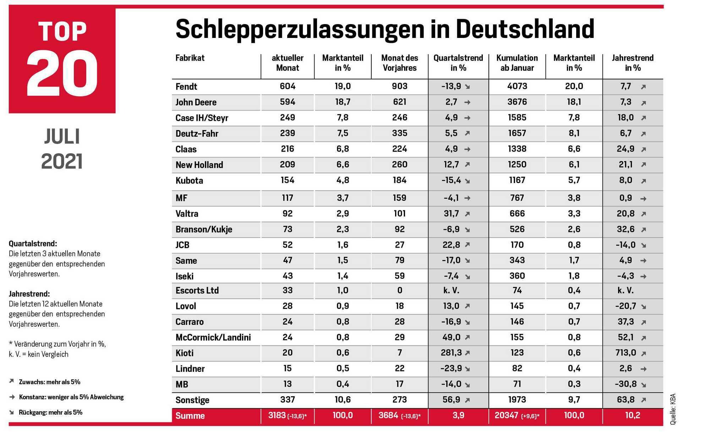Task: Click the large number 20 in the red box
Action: click(x=62, y=73)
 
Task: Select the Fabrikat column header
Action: click(x=190, y=58)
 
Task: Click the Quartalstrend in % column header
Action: click(x=458, y=63)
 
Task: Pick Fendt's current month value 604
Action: click(x=288, y=86)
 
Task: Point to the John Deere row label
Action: click(x=196, y=102)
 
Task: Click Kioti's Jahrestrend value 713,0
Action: click(x=626, y=353)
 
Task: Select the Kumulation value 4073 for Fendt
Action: click(x=517, y=86)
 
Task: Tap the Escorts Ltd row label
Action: click(x=197, y=291)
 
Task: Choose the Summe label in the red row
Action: click(x=190, y=416)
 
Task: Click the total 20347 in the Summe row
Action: click(x=507, y=415)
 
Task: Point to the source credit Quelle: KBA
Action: click(x=673, y=409)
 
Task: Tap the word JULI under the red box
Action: click(x=62, y=137)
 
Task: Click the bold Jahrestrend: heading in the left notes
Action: click(x=29, y=294)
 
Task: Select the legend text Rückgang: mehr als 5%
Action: click(x=51, y=412)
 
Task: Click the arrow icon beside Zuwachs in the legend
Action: click(x=11, y=381)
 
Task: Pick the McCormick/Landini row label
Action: click(x=213, y=337)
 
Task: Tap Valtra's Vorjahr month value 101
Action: click(x=400, y=214)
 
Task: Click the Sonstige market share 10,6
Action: click(x=343, y=400)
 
